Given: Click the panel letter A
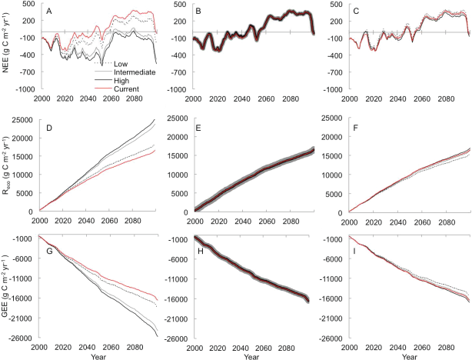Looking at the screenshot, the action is (x=49, y=12).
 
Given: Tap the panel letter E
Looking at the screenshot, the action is (x=198, y=128).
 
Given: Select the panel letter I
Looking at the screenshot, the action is (x=354, y=251).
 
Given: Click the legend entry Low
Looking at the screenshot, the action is (x=121, y=64).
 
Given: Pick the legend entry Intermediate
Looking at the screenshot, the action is (x=135, y=72).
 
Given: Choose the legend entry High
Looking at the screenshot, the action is (x=121, y=81).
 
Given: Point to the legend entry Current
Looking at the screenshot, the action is (x=126, y=89).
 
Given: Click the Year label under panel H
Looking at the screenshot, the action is (x=251, y=357).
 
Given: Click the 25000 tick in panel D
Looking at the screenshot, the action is (x=22, y=120).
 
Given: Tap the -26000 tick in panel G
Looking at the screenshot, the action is (x=21, y=338).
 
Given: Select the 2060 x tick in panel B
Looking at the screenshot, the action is (x=267, y=98).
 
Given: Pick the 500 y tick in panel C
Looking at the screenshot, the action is (x=337, y=4).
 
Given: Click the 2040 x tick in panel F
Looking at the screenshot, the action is (x=397, y=222).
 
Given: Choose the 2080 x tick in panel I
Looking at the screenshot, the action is (x=446, y=348).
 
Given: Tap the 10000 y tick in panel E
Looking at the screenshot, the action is (x=178, y=175).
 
